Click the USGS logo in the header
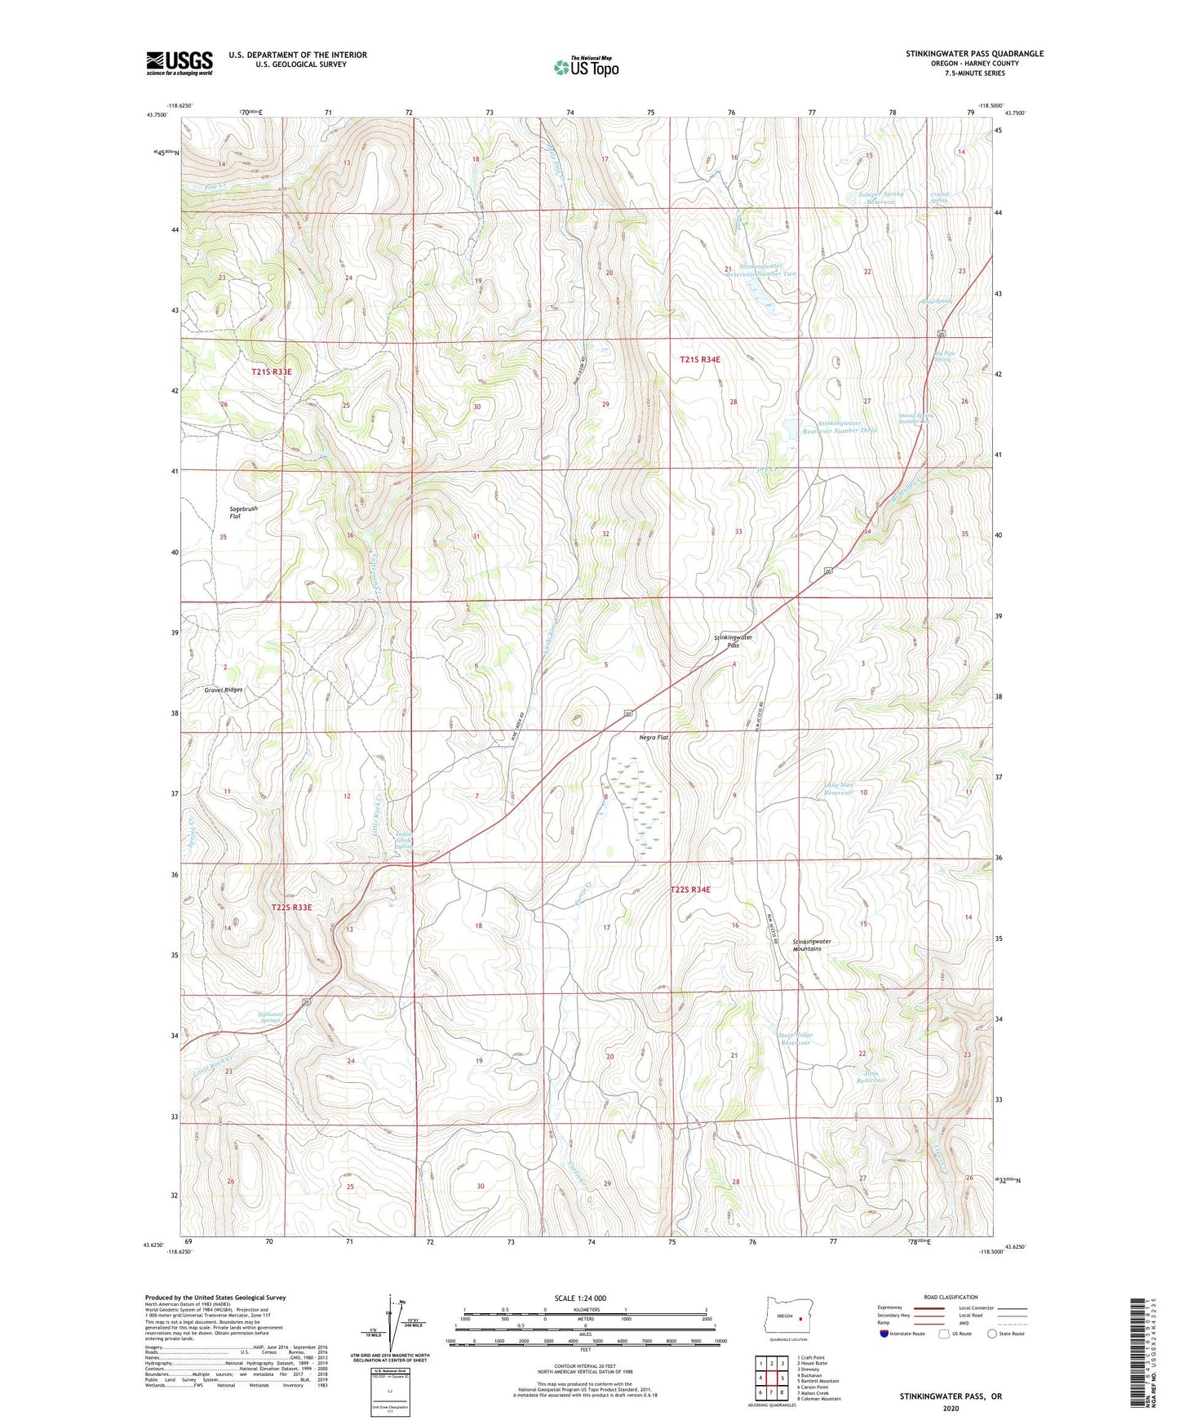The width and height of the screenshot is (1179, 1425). pos(180,63)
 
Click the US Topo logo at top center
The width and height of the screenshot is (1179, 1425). pos(585,67)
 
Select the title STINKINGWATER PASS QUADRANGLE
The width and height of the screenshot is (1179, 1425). pos(973,54)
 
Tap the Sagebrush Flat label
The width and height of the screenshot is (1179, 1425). pos(242,513)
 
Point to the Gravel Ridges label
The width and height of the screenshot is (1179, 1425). pos(223,690)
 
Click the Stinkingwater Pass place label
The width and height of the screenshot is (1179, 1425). pos(732,641)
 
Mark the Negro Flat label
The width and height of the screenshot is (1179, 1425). pos(653,738)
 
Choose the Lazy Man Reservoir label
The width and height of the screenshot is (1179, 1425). pos(838,788)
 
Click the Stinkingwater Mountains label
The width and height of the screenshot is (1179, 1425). pos(812,945)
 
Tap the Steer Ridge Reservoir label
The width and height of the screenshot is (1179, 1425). pos(795,1039)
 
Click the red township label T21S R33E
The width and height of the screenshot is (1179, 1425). pos(271,372)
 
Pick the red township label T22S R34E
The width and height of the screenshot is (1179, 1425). pos(690,890)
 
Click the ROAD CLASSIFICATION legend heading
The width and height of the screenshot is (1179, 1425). pos(951,1297)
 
